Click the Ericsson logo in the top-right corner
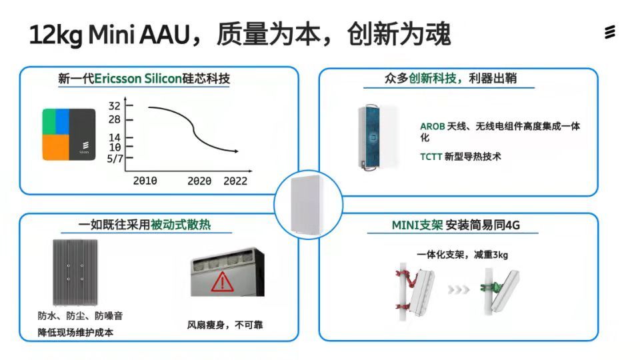tap(610, 32)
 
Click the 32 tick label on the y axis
tap(114, 106)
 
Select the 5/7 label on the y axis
tap(115, 159)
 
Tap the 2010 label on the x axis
tap(145, 181)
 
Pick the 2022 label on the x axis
tap(235, 181)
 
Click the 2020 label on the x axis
tap(199, 181)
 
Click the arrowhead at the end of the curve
tap(236, 151)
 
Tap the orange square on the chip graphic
tap(56, 147)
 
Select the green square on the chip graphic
tap(49, 121)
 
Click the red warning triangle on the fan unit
tap(222, 281)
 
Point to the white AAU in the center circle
tap(307, 205)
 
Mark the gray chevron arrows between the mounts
tap(459, 290)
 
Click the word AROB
tap(432, 127)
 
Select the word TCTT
tap(431, 157)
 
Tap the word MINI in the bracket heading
tap(405, 225)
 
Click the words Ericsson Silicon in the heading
tap(138, 79)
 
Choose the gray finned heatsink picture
tap(75, 272)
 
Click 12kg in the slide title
tap(55, 35)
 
